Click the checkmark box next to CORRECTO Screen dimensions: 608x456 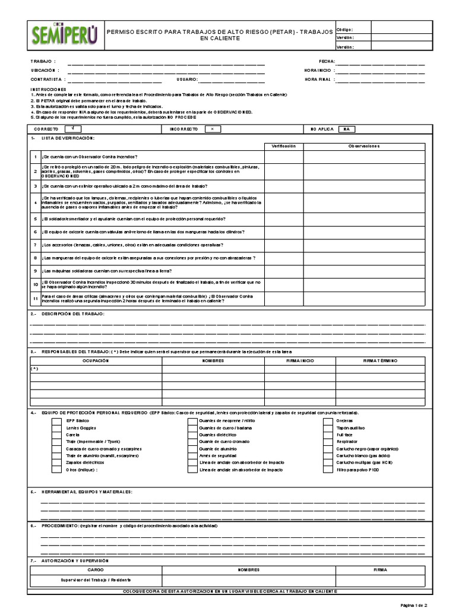72,128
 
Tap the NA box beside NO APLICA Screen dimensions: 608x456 347,128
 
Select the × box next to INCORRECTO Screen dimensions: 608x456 212,128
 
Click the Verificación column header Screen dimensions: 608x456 283,146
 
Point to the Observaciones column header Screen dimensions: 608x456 365,146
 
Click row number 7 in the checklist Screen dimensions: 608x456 35,245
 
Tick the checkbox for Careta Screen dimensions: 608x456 56,435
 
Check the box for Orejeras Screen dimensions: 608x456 328,420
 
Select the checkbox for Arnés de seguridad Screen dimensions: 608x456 192,455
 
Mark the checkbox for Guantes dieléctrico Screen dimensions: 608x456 192,435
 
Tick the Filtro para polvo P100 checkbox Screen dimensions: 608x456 328,469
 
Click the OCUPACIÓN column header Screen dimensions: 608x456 96,360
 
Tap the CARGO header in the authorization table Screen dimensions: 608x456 96,569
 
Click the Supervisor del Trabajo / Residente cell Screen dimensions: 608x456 96,579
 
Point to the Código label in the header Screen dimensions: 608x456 344,28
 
